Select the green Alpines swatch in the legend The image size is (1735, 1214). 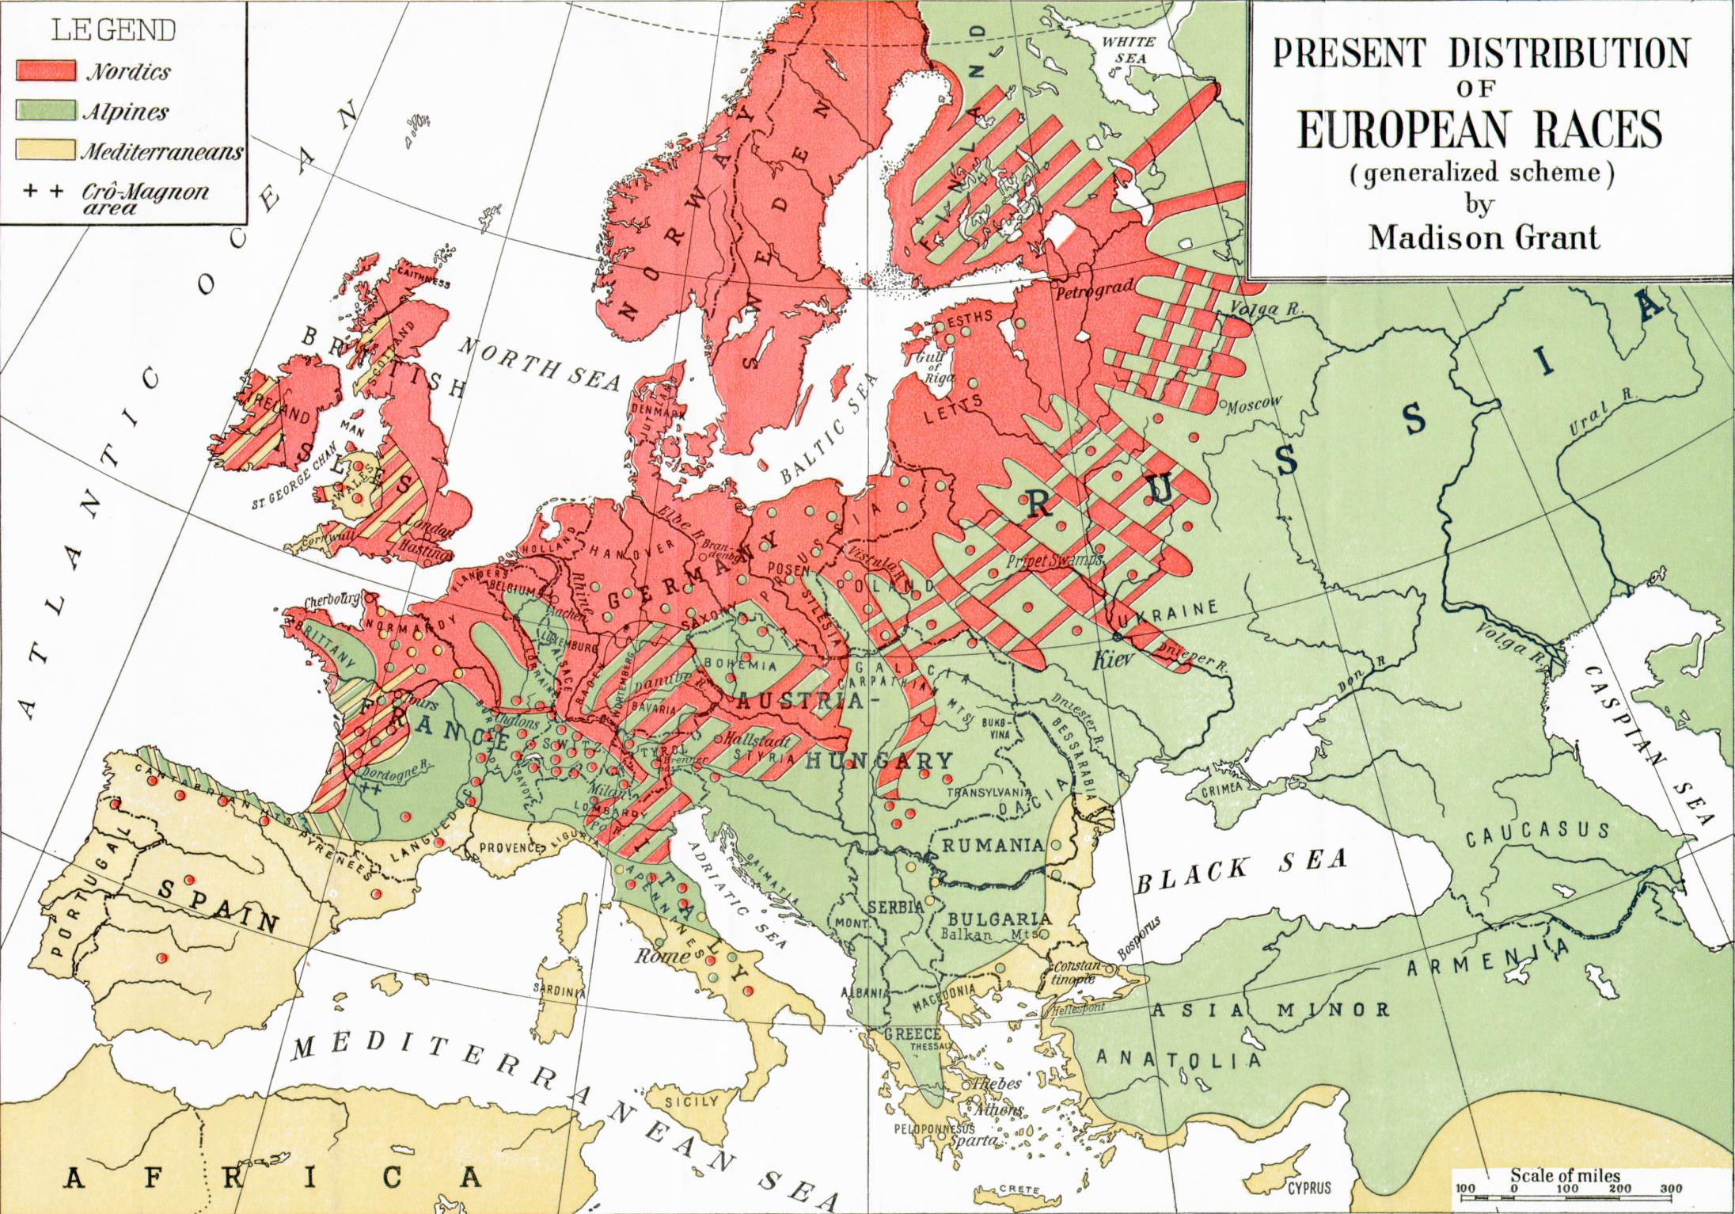46,111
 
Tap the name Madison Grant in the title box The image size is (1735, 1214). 1483,237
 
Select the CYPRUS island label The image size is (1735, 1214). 1308,1188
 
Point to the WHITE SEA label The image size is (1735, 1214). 1129,49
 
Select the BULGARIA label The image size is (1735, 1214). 1000,919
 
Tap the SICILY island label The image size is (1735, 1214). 693,1101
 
